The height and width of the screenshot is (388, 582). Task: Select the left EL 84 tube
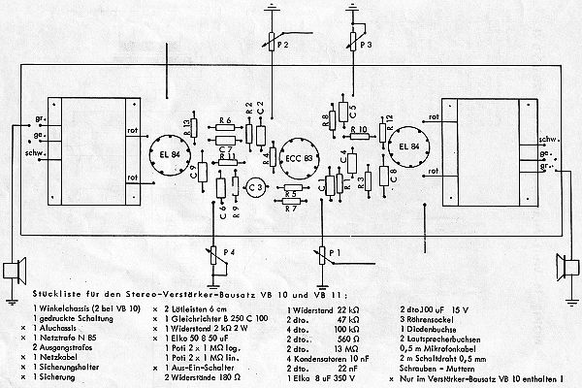click(x=158, y=150)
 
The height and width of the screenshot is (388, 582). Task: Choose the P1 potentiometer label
click(x=335, y=254)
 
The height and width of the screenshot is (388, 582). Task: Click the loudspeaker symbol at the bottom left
click(x=13, y=269)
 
